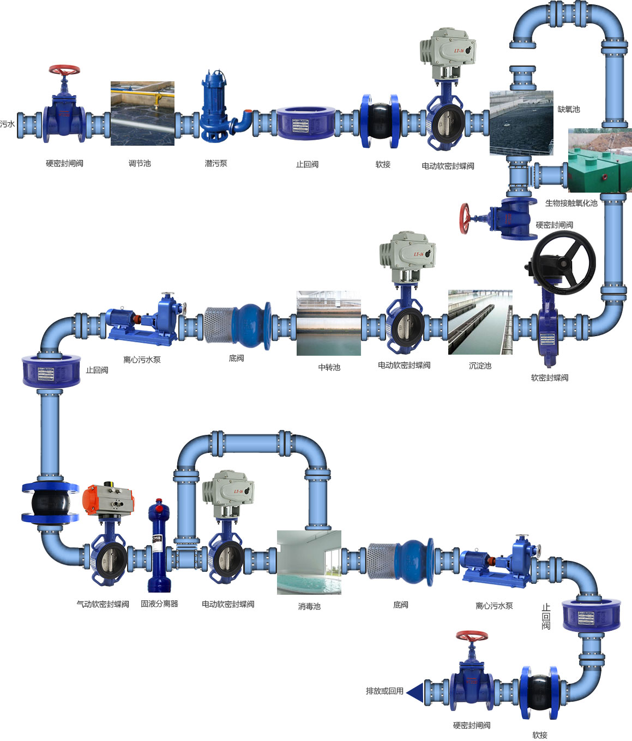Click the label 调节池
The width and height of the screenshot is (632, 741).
(x=140, y=163)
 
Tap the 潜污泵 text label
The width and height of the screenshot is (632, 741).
(x=216, y=163)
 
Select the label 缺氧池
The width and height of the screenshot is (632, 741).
(x=568, y=109)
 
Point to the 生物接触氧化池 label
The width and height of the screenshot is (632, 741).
(x=571, y=203)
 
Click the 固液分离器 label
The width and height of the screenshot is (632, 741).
(x=159, y=603)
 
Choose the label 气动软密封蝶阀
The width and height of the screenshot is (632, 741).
(x=103, y=604)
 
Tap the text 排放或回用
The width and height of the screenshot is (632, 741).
(x=384, y=691)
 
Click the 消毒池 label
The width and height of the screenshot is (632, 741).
(x=309, y=606)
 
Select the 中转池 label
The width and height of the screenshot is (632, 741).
(x=329, y=367)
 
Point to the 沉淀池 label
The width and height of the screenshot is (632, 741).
(x=480, y=366)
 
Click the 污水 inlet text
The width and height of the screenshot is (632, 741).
(x=8, y=124)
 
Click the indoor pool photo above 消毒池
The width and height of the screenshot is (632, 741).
(x=309, y=562)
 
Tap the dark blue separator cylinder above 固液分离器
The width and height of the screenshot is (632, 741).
(x=159, y=546)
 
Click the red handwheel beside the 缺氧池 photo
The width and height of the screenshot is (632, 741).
(x=465, y=219)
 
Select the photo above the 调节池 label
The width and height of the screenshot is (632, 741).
(x=142, y=113)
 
